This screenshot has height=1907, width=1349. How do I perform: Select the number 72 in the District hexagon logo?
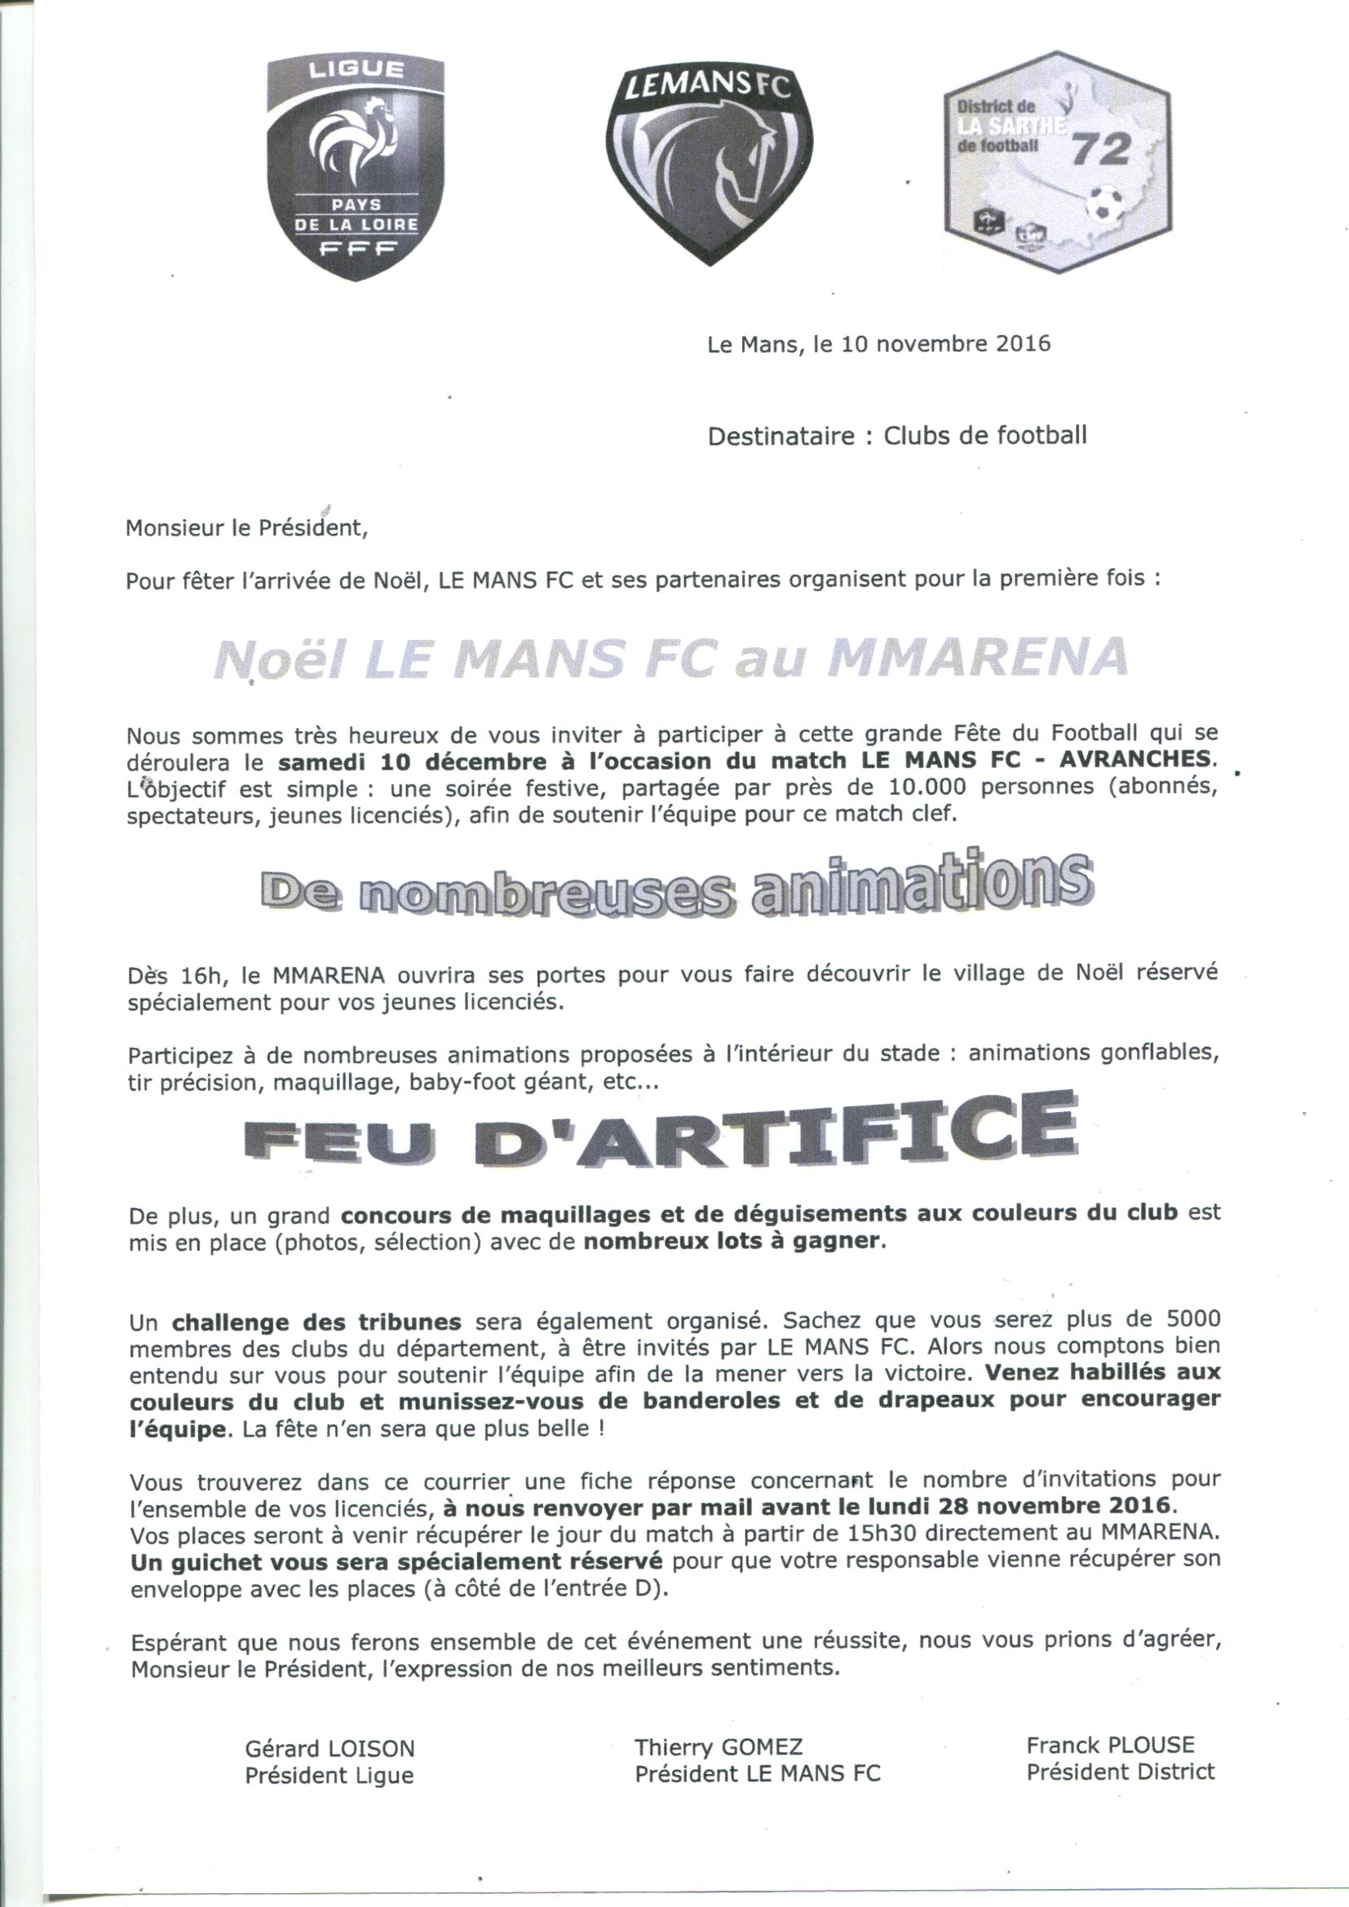[1101, 148]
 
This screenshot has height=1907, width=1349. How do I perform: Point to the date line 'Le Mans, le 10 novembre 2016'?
[878, 344]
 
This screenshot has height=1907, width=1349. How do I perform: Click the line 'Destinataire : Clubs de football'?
[896, 435]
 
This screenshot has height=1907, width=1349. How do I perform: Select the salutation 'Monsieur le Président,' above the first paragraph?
[245, 528]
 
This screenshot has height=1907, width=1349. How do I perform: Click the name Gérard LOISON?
[329, 1747]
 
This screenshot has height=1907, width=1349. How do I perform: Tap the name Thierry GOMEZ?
[719, 1746]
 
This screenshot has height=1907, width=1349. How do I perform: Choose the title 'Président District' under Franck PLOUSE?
[1120, 1770]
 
